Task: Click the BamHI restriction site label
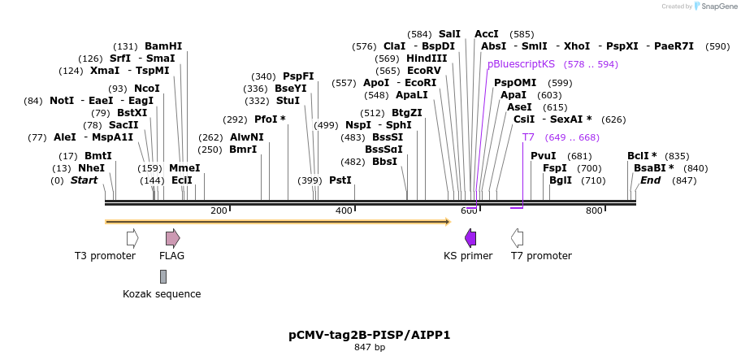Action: coord(163,46)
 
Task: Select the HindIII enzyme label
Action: coord(427,59)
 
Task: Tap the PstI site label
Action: coord(340,180)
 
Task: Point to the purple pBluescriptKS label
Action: coord(521,63)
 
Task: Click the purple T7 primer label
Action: coord(528,137)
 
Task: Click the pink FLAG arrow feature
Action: coord(172,237)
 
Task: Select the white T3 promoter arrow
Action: coord(132,237)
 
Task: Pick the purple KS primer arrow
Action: coord(470,237)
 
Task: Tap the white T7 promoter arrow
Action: coord(517,237)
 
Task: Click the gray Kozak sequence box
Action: coord(163,276)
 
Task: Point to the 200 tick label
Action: coord(219,211)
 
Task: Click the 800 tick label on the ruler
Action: coord(594,211)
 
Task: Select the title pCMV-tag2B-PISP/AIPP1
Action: coord(369,335)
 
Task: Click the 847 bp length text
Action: coord(370,348)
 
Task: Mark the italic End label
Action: coord(650,180)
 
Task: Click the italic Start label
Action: coord(84,180)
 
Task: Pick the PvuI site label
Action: coord(543,156)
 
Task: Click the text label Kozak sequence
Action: coord(162,294)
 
